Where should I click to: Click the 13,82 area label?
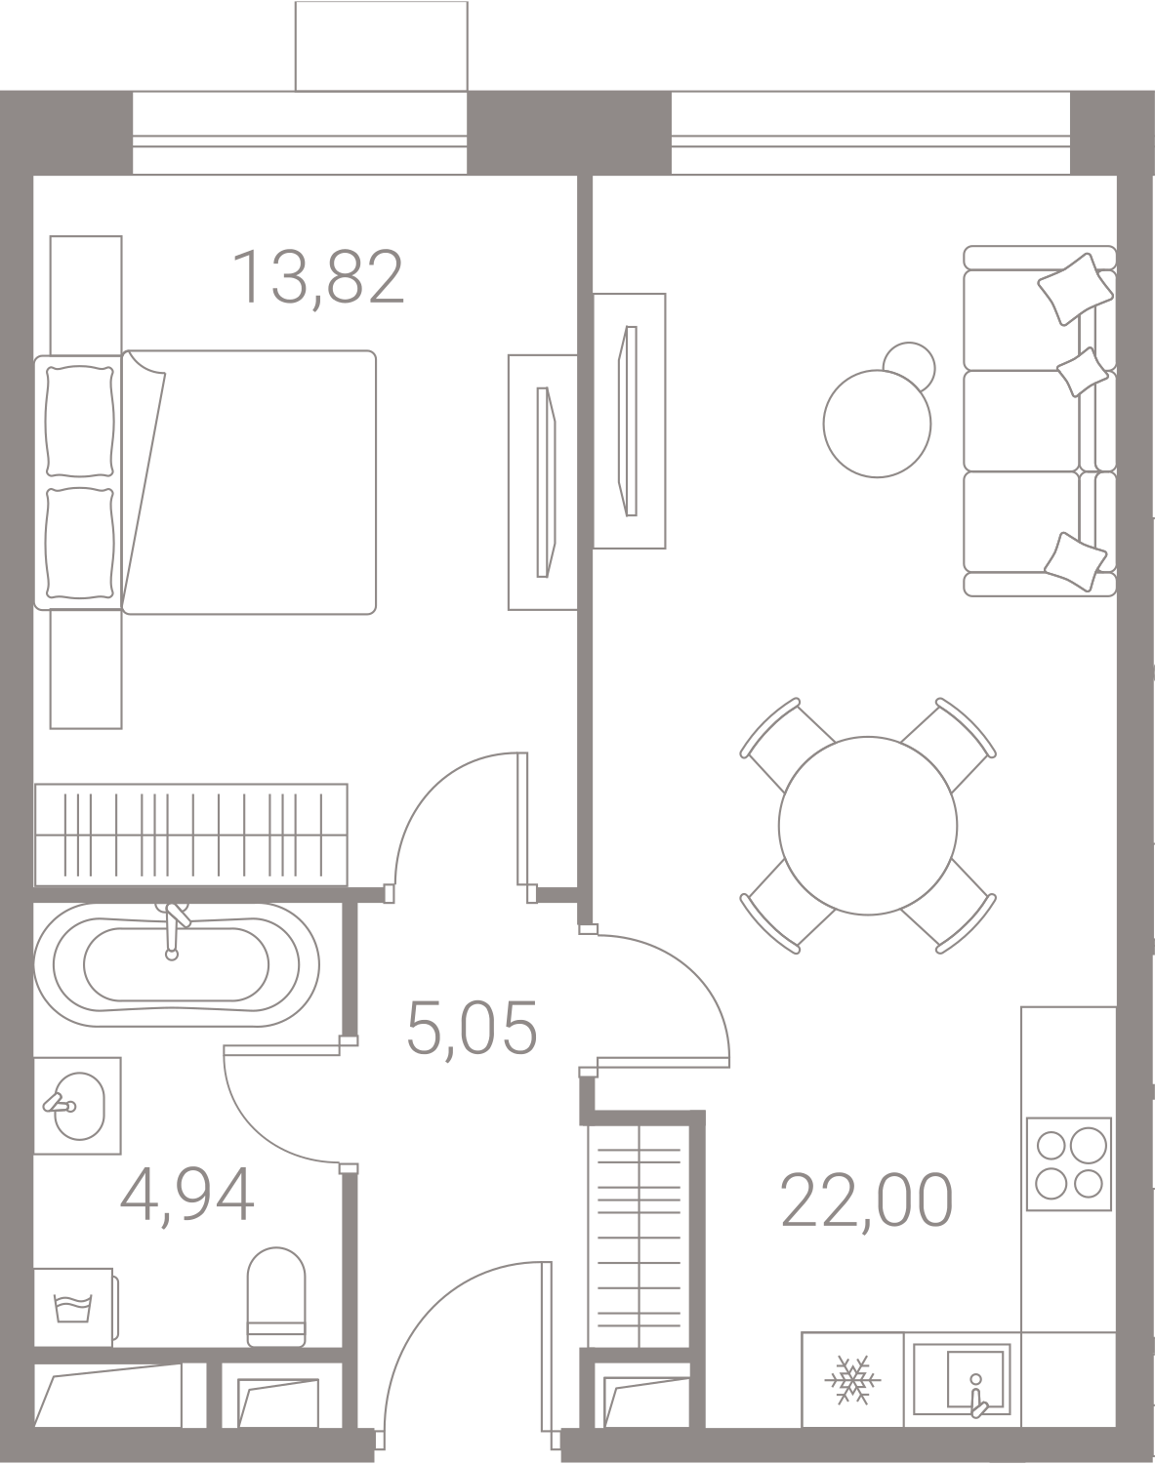[318, 277]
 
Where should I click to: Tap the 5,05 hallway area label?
[472, 1031]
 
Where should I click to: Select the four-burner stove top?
[1069, 1158]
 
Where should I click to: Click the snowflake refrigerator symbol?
[852, 1380]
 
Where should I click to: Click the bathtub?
[176, 964]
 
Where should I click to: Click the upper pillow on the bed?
[80, 417]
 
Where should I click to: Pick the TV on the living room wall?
[629, 421]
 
